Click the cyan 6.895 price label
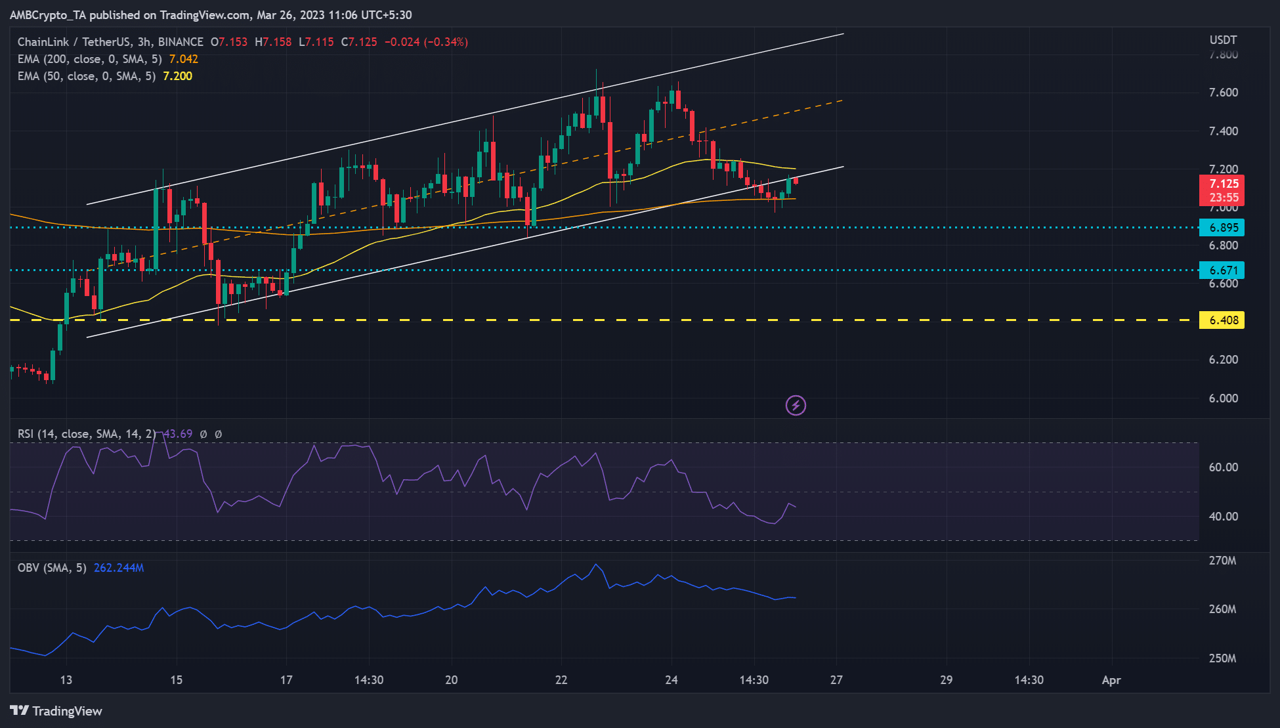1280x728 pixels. (x=1222, y=228)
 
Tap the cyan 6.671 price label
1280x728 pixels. (x=1222, y=270)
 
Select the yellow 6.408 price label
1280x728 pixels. (x=1222, y=320)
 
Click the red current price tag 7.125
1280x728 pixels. (x=1223, y=184)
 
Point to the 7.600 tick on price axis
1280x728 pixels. (x=1224, y=93)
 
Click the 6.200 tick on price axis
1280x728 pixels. (x=1224, y=360)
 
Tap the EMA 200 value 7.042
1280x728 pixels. (x=183, y=59)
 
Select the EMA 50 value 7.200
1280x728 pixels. (x=177, y=76)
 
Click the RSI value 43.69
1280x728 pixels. (x=178, y=434)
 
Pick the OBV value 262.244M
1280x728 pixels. (x=119, y=568)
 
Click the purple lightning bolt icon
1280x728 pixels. (x=796, y=406)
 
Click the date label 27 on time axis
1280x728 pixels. (x=836, y=680)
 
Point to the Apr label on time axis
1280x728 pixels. (x=1111, y=680)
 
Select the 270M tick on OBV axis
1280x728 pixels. (x=1222, y=561)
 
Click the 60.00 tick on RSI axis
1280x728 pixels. (x=1224, y=467)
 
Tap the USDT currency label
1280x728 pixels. (x=1223, y=40)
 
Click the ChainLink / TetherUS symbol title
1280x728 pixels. (x=74, y=42)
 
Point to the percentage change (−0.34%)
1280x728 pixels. (x=446, y=42)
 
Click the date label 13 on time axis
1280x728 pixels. (x=66, y=680)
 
